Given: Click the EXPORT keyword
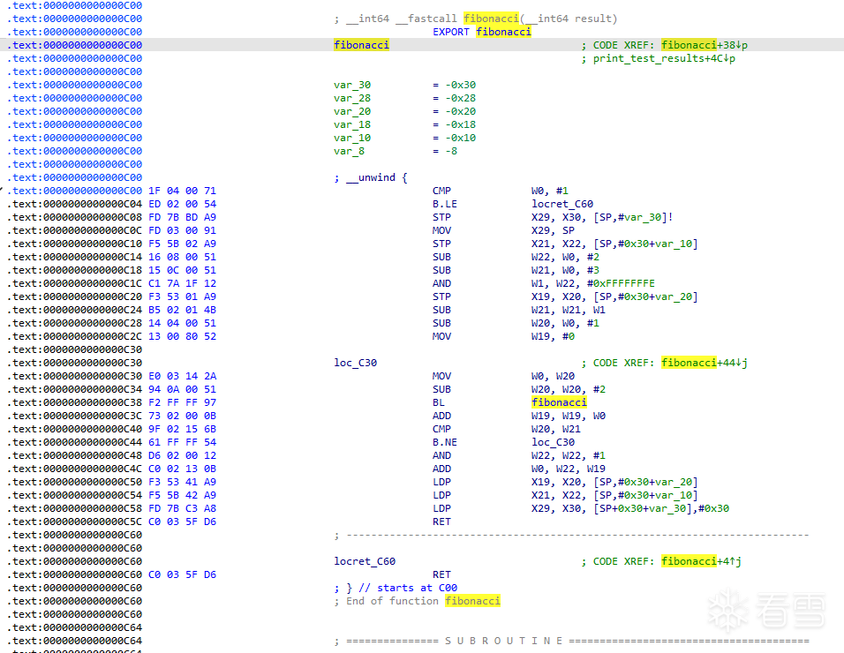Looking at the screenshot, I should pos(451,32).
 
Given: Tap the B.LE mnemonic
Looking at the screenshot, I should pos(445,204).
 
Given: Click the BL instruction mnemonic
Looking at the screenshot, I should pos(439,402).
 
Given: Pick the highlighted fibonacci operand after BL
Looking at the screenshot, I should pos(559,402).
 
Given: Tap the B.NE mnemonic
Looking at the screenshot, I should pos(445,442).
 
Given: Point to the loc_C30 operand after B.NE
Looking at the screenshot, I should pos(553,442).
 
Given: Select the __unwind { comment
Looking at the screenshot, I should pos(371,177).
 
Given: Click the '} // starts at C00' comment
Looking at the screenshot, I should pos(396,588).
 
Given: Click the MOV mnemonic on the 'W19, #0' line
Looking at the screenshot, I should pos(441,336).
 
